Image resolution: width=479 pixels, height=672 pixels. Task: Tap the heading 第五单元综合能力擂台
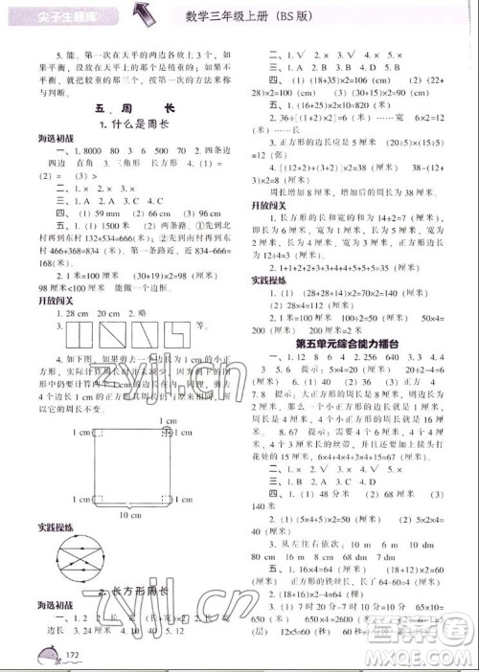click(x=360, y=343)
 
